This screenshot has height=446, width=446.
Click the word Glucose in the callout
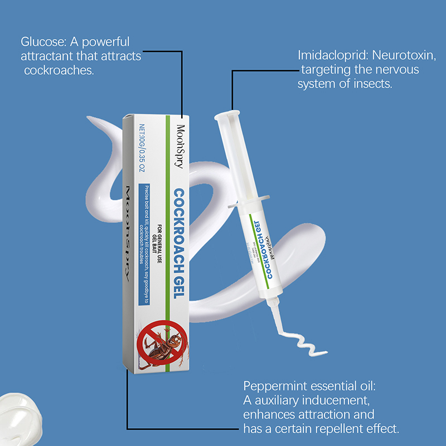(x=42, y=42)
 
